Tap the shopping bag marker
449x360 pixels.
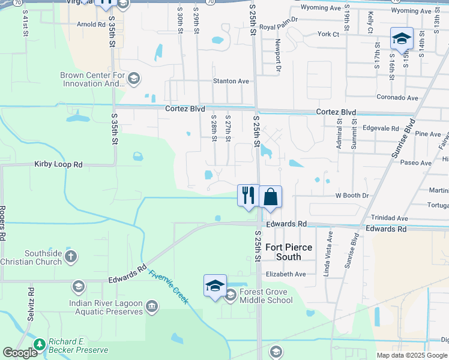click(271, 196)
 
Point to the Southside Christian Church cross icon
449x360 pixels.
click(71, 257)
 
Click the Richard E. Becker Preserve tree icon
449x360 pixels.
click(40, 344)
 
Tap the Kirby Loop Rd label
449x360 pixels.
click(58, 164)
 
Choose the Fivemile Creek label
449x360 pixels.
click(169, 287)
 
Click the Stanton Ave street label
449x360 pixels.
click(231, 81)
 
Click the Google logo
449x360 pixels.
click(20, 353)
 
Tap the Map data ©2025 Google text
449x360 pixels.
click(411, 355)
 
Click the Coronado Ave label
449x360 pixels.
click(397, 97)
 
